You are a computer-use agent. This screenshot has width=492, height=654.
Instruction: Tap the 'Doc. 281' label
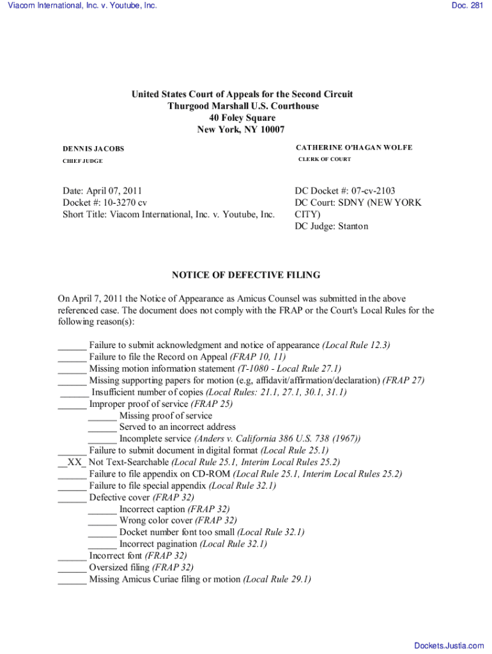click(468, 6)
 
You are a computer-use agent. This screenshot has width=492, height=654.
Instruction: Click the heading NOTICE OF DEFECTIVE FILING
click(246, 275)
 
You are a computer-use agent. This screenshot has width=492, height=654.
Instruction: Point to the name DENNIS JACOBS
click(93, 149)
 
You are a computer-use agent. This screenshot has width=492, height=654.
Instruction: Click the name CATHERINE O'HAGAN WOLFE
click(354, 148)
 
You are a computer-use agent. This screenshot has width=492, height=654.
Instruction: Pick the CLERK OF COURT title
click(325, 159)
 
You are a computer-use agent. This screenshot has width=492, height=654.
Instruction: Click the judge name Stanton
click(353, 226)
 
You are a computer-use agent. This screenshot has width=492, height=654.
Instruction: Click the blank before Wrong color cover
click(102, 521)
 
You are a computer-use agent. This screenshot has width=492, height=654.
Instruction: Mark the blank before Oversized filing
click(72, 567)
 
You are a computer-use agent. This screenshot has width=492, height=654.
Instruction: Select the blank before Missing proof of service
click(102, 416)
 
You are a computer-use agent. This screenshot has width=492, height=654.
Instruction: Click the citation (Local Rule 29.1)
click(277, 579)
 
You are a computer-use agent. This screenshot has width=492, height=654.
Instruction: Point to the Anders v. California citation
click(277, 439)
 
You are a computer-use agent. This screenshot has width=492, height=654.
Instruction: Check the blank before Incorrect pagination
click(102, 544)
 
